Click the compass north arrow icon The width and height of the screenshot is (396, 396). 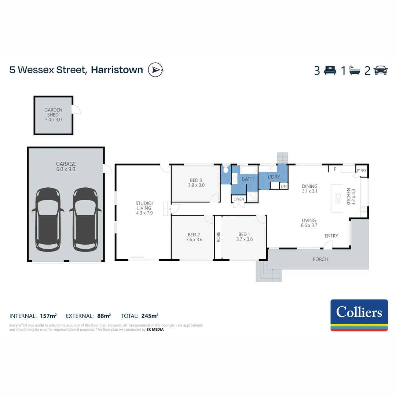(155, 70)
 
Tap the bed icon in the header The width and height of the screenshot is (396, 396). (330, 70)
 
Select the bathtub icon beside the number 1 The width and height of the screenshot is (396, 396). (355, 70)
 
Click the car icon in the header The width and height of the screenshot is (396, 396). (381, 70)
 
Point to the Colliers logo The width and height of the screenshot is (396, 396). (359, 315)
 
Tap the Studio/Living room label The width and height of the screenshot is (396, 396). (144, 206)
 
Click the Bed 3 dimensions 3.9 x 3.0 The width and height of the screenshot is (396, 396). (196, 185)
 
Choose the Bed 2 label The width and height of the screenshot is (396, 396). (194, 235)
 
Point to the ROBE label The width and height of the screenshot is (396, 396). (218, 237)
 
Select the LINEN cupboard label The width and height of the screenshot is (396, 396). (238, 199)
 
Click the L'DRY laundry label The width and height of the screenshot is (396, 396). (274, 177)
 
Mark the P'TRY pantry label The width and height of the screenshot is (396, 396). (361, 170)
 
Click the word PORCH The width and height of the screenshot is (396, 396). (320, 259)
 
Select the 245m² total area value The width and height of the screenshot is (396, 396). (150, 316)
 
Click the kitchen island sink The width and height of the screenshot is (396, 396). (338, 198)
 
